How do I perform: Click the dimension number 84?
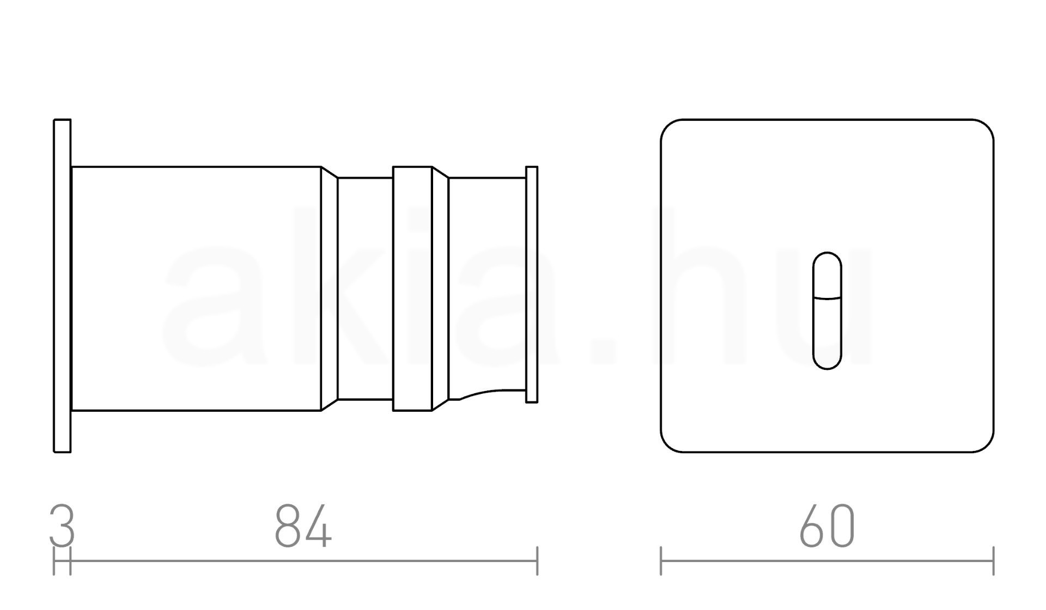coord(303,526)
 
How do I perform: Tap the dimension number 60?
coord(827,526)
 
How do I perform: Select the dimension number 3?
coord(62,526)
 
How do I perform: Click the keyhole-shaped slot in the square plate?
coord(827,311)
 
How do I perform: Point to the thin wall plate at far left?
coord(62,286)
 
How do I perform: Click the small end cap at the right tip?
coord(532,284)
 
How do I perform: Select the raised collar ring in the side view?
coord(412,289)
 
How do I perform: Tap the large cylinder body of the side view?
coord(196,289)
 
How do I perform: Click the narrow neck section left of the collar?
coord(365,289)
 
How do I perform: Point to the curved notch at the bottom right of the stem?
coord(490,393)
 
